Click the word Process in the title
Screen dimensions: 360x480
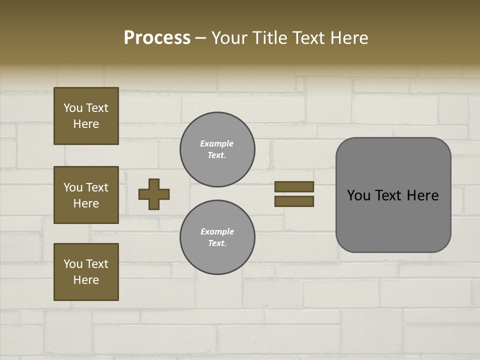(157, 38)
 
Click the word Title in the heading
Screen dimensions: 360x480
(268, 38)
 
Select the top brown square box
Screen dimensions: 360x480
(86, 116)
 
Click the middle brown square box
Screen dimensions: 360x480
(86, 195)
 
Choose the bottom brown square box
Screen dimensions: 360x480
(86, 272)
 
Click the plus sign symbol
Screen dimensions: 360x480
(154, 194)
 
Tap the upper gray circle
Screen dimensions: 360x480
(217, 149)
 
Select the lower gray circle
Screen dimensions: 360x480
(217, 237)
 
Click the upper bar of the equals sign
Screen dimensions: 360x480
(294, 186)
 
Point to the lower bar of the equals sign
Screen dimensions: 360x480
(294, 201)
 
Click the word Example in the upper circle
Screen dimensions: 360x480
(216, 143)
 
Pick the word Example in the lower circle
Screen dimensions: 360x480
(217, 231)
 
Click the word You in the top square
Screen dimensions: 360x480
(73, 108)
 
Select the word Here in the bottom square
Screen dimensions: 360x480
(86, 280)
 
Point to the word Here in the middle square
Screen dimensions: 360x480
(86, 203)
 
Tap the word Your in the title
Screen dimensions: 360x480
(228, 38)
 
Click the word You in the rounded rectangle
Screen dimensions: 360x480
(358, 195)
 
